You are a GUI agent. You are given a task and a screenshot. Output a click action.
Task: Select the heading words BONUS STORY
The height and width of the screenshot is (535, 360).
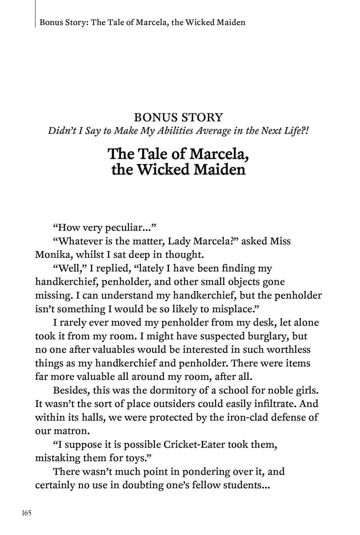point(178,117)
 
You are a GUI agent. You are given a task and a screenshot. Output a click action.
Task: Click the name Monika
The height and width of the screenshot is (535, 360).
point(53,254)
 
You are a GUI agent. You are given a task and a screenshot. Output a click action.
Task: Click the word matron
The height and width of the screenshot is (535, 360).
point(70,431)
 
